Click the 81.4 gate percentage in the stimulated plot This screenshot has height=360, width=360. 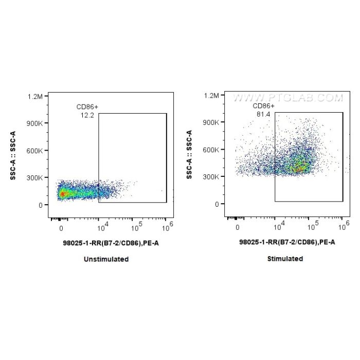263,114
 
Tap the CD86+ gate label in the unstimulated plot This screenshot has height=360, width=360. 87,107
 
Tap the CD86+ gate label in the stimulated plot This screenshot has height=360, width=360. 264,106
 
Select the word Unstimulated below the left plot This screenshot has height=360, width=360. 106,259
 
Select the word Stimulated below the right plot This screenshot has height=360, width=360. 285,259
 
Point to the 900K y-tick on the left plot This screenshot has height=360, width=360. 38,123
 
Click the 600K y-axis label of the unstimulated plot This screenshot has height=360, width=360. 38,151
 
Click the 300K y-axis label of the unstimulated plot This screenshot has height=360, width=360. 38,178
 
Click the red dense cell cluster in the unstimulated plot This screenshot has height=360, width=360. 62,194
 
